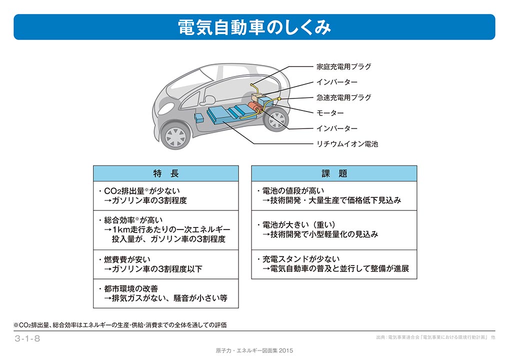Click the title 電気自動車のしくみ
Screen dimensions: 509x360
click(x=254, y=27)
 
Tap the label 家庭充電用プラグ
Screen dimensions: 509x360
click(x=344, y=66)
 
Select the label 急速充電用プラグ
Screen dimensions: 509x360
click(x=344, y=97)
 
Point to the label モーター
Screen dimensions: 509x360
click(x=330, y=113)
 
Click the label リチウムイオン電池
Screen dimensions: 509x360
click(x=347, y=144)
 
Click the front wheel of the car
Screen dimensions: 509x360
click(x=175, y=136)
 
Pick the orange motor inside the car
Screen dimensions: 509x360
click(x=255, y=106)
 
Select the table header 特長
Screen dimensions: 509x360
click(x=166, y=173)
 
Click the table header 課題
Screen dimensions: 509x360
click(x=334, y=173)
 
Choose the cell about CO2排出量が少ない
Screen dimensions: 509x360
click(x=166, y=195)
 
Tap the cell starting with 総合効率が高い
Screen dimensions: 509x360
click(x=166, y=230)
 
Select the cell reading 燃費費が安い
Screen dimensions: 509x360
click(x=166, y=264)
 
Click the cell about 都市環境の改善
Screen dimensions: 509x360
click(x=166, y=293)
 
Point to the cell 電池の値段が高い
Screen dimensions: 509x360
click(x=334, y=195)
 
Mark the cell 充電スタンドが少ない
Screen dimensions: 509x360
click(x=334, y=264)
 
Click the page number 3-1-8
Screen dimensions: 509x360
click(x=27, y=338)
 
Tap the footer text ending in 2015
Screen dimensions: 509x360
click(x=254, y=350)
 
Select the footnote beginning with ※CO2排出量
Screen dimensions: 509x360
click(x=120, y=325)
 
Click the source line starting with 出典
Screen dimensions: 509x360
click(x=435, y=337)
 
